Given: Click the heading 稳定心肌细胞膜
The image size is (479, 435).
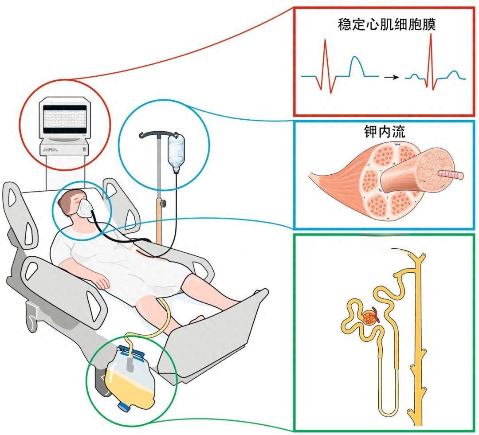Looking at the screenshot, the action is [x=387, y=24].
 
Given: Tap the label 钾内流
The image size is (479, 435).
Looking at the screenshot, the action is [x=385, y=132].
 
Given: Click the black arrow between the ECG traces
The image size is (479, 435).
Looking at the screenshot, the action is [x=392, y=77].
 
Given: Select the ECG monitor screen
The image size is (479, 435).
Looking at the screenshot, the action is [x=65, y=119].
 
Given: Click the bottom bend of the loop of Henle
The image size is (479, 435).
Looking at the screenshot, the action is [x=389, y=415].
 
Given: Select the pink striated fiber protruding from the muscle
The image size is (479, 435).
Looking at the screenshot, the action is [x=451, y=175].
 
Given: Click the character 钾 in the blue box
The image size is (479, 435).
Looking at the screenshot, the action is [x=370, y=132].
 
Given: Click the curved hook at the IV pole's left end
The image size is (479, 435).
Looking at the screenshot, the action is [x=144, y=134].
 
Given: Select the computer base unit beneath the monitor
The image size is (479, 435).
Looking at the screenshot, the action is [x=65, y=149].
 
